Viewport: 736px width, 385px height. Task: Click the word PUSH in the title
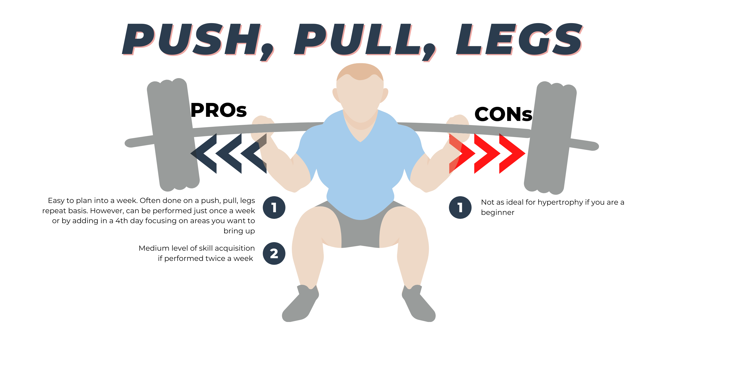coord(192,39)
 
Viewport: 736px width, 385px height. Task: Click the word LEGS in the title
coord(519,39)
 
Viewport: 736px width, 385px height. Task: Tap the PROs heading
coord(219,110)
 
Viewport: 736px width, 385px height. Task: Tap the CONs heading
coord(503,114)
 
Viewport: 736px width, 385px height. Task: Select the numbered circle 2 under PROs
coord(274,253)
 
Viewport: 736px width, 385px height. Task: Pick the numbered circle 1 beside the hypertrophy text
coord(460,207)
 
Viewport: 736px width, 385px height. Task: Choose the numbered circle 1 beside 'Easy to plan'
coord(274,207)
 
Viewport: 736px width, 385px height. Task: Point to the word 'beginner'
coord(497,212)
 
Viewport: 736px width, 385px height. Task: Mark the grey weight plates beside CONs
coord(550,137)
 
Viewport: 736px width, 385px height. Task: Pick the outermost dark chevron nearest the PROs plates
coord(203,153)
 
